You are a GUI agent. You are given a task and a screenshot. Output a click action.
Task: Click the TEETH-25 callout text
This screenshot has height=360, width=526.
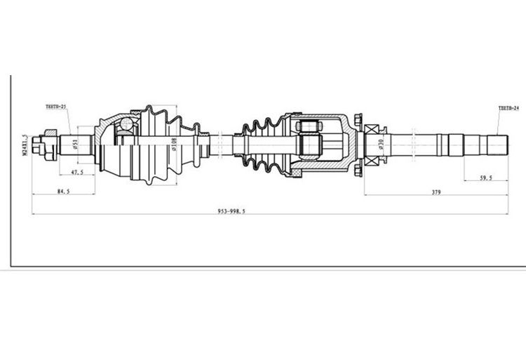[55, 107]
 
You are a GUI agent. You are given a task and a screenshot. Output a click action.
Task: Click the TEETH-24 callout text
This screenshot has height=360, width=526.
[508, 109]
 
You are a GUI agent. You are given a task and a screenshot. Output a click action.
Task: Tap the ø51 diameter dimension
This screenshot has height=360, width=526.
[74, 145]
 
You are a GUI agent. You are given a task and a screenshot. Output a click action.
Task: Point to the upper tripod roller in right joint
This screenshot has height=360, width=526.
[309, 127]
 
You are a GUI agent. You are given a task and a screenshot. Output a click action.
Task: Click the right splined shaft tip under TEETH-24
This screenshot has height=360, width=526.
[495, 145]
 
